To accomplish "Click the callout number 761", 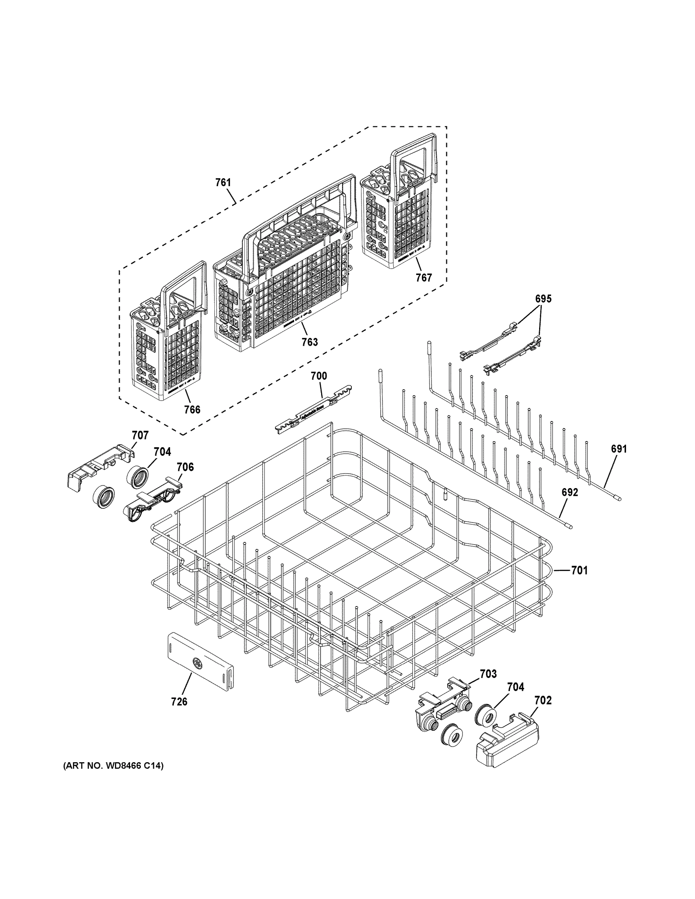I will click(x=223, y=182).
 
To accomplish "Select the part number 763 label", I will click(x=309, y=342).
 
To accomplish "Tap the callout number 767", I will click(x=423, y=278).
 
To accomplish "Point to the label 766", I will click(x=192, y=409).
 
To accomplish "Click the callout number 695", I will click(x=543, y=299).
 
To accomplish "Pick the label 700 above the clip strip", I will click(x=319, y=376).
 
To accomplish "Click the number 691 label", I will click(x=619, y=449).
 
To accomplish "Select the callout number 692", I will click(x=570, y=492).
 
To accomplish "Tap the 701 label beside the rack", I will click(x=579, y=570).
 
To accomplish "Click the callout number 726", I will click(x=179, y=702).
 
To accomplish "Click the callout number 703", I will click(x=488, y=674).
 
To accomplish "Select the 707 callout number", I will click(x=140, y=435).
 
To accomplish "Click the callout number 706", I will click(x=185, y=467).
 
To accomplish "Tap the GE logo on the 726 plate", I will click(x=197, y=663).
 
